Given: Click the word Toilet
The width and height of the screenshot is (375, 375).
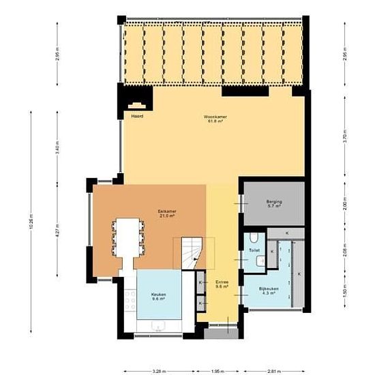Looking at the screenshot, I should click(x=254, y=251).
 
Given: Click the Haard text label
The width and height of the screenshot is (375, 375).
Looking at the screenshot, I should click(x=137, y=116).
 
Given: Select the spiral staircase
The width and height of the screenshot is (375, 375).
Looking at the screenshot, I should click(x=189, y=253).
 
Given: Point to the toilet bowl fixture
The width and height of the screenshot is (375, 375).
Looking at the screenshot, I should click(x=254, y=237).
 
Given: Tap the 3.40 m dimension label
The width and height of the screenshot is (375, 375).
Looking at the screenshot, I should click(x=57, y=149).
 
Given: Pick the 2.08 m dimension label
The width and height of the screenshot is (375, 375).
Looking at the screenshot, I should click(x=345, y=253).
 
